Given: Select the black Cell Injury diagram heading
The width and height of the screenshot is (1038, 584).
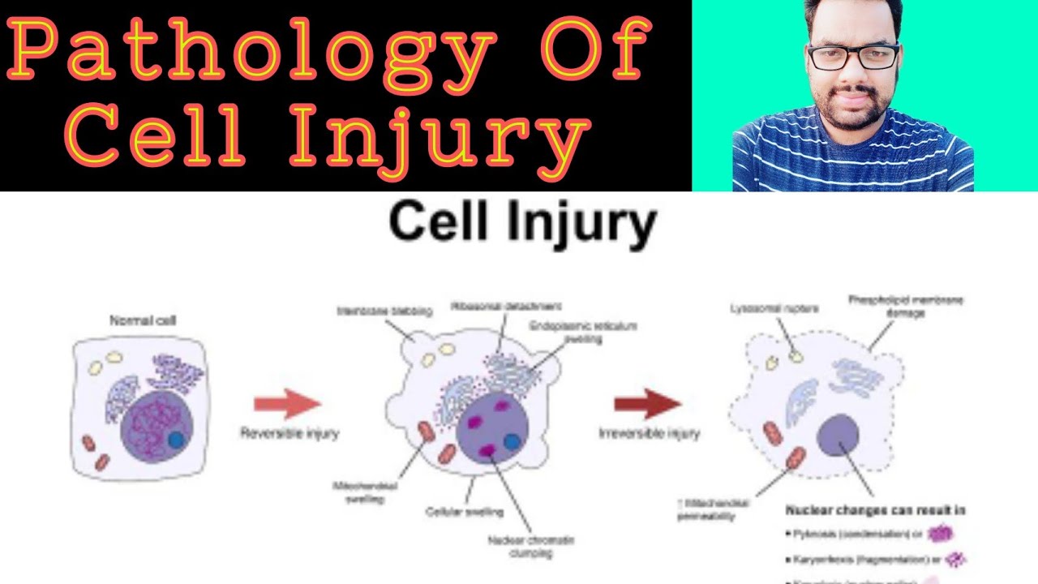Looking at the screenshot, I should click(522, 223).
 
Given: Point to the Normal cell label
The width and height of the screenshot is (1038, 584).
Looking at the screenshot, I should click(143, 321).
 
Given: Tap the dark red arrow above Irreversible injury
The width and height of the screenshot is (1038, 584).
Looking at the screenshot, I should click(647, 403).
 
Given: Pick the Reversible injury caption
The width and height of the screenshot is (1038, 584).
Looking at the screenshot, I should click(290, 433).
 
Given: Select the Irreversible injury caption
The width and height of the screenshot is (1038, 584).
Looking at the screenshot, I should click(649, 433).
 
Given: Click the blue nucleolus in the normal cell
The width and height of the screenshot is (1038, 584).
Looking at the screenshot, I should click(176, 440).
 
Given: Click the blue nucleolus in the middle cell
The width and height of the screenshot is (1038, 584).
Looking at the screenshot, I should click(511, 442).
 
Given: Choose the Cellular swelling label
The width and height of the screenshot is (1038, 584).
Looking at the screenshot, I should click(464, 512).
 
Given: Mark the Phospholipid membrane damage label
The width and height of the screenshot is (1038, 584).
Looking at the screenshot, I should click(905, 306).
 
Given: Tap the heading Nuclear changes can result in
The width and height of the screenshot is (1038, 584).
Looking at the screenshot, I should click(875, 510).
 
